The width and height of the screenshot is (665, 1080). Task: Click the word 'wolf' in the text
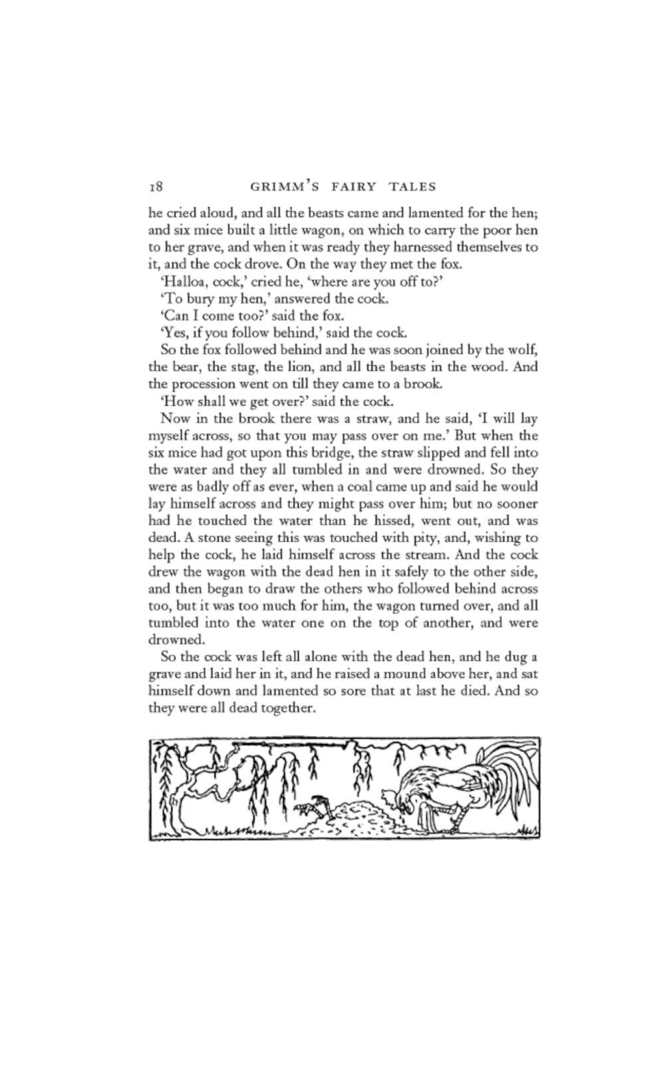[x=527, y=349]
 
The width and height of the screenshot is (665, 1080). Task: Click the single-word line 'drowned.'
[x=174, y=640]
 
